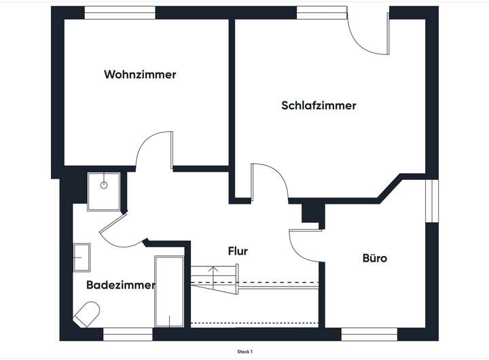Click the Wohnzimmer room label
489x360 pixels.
[140, 75]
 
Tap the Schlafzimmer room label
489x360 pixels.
[319, 106]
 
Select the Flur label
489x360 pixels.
[238, 251]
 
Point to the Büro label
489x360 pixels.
[375, 259]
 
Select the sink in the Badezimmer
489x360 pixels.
[81, 257]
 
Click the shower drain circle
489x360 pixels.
[104, 185]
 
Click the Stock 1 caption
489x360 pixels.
[244, 352]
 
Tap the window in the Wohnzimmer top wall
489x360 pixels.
[120, 12]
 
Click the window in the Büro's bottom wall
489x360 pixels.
[369, 334]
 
